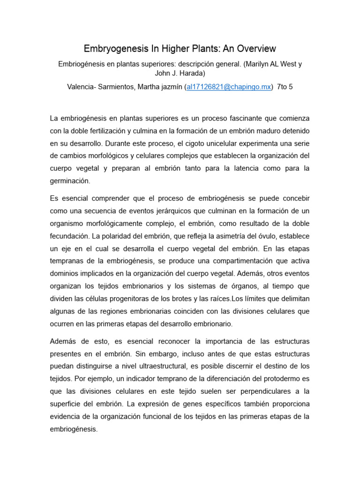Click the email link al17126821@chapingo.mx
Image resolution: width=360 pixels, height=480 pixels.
click(x=229, y=87)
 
